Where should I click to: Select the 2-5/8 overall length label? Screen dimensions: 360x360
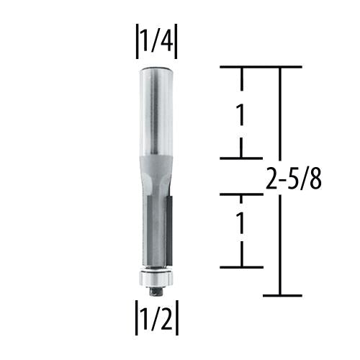tap(292, 179)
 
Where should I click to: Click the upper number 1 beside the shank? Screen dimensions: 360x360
tap(242, 113)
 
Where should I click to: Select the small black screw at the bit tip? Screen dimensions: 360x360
tap(156, 290)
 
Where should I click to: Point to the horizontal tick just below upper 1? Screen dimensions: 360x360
tap(240, 158)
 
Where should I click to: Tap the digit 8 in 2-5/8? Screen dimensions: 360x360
tap(314, 179)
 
